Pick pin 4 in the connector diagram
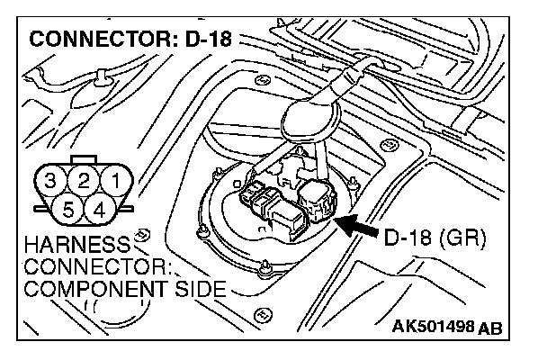coord(99,210)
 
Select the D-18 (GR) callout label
coord(435,239)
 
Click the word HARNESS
coord(68,246)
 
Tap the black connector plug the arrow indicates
coord(318,200)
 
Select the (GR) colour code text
coord(465,239)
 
